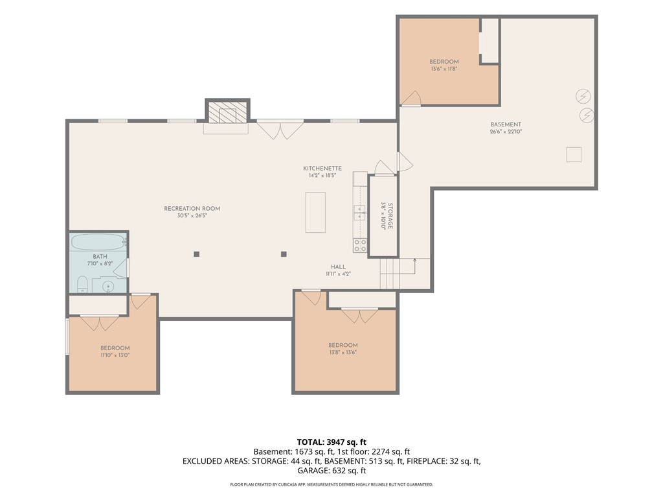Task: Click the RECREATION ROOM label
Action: [x=192, y=208]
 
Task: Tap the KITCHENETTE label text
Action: [x=322, y=168]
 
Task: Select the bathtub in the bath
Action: [x=99, y=242]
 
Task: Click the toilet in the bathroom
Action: [x=82, y=284]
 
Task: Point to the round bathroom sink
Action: [x=108, y=286]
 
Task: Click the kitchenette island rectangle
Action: [x=315, y=212]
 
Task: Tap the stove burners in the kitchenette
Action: [x=360, y=245]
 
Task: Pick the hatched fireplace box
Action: [x=227, y=112]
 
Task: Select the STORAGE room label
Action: [x=390, y=216]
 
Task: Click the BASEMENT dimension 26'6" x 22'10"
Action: [x=506, y=131]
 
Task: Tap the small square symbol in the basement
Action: [x=574, y=154]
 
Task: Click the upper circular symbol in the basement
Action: [x=583, y=96]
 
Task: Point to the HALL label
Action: [x=338, y=267]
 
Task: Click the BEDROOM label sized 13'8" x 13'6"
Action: [x=343, y=345]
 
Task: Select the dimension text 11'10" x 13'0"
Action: [x=115, y=355]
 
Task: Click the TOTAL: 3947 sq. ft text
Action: [x=331, y=442]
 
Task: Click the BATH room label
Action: [x=100, y=256]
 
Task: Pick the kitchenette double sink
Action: [x=360, y=213]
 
